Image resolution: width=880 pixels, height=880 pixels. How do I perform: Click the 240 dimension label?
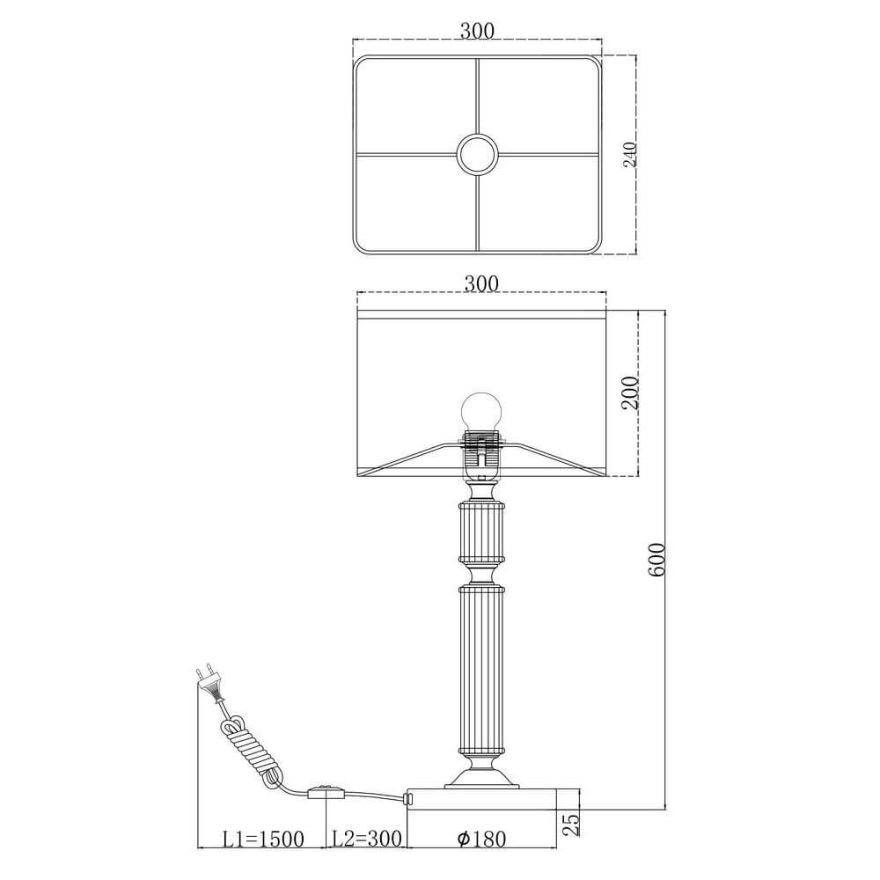[x=631, y=154]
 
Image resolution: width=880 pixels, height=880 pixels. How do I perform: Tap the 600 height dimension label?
[x=656, y=559]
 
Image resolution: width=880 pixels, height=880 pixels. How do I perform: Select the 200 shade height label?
[x=631, y=392]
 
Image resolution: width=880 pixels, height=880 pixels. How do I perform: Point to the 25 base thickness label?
[x=571, y=825]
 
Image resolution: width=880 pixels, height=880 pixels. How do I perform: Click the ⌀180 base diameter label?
[x=481, y=839]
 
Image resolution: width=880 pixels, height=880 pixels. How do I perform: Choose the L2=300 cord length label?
[x=366, y=839]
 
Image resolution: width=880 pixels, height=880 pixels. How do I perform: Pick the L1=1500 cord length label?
[x=263, y=840]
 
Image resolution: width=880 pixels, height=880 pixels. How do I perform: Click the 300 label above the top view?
[x=478, y=31]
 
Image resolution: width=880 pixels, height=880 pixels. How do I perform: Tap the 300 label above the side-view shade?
[x=481, y=283]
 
